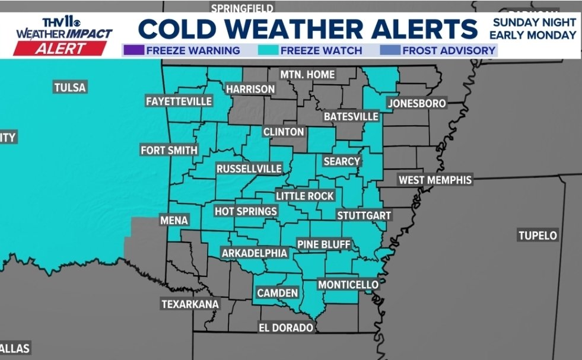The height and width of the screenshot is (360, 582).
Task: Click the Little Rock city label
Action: point(306,196)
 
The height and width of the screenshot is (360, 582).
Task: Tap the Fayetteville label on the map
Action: point(179,101)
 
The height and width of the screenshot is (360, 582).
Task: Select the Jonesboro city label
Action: point(417,104)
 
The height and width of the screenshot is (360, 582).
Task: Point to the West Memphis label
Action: point(435,180)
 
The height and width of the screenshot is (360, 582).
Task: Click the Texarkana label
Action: point(190,304)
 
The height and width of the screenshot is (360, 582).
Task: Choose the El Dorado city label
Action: point(285,327)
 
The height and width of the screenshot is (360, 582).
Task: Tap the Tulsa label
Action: point(70,88)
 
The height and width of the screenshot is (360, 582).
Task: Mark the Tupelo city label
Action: point(538,235)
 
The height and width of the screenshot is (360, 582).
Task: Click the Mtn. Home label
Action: point(308,75)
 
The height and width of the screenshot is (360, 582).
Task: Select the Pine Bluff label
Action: point(324,244)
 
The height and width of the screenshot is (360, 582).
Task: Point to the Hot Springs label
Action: point(246,211)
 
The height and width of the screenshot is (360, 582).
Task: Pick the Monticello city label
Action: point(348,285)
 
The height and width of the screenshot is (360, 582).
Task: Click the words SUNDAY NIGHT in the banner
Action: point(533,22)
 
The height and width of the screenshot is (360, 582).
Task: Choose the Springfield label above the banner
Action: point(242,8)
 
